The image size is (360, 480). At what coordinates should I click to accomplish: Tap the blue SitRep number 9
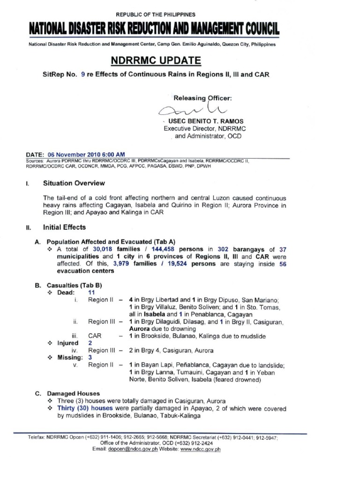click(82, 74)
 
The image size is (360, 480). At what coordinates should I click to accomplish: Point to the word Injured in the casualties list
click(68, 343)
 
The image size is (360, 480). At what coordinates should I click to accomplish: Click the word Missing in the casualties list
click(69, 357)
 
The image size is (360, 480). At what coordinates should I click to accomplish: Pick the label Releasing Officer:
click(202, 98)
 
